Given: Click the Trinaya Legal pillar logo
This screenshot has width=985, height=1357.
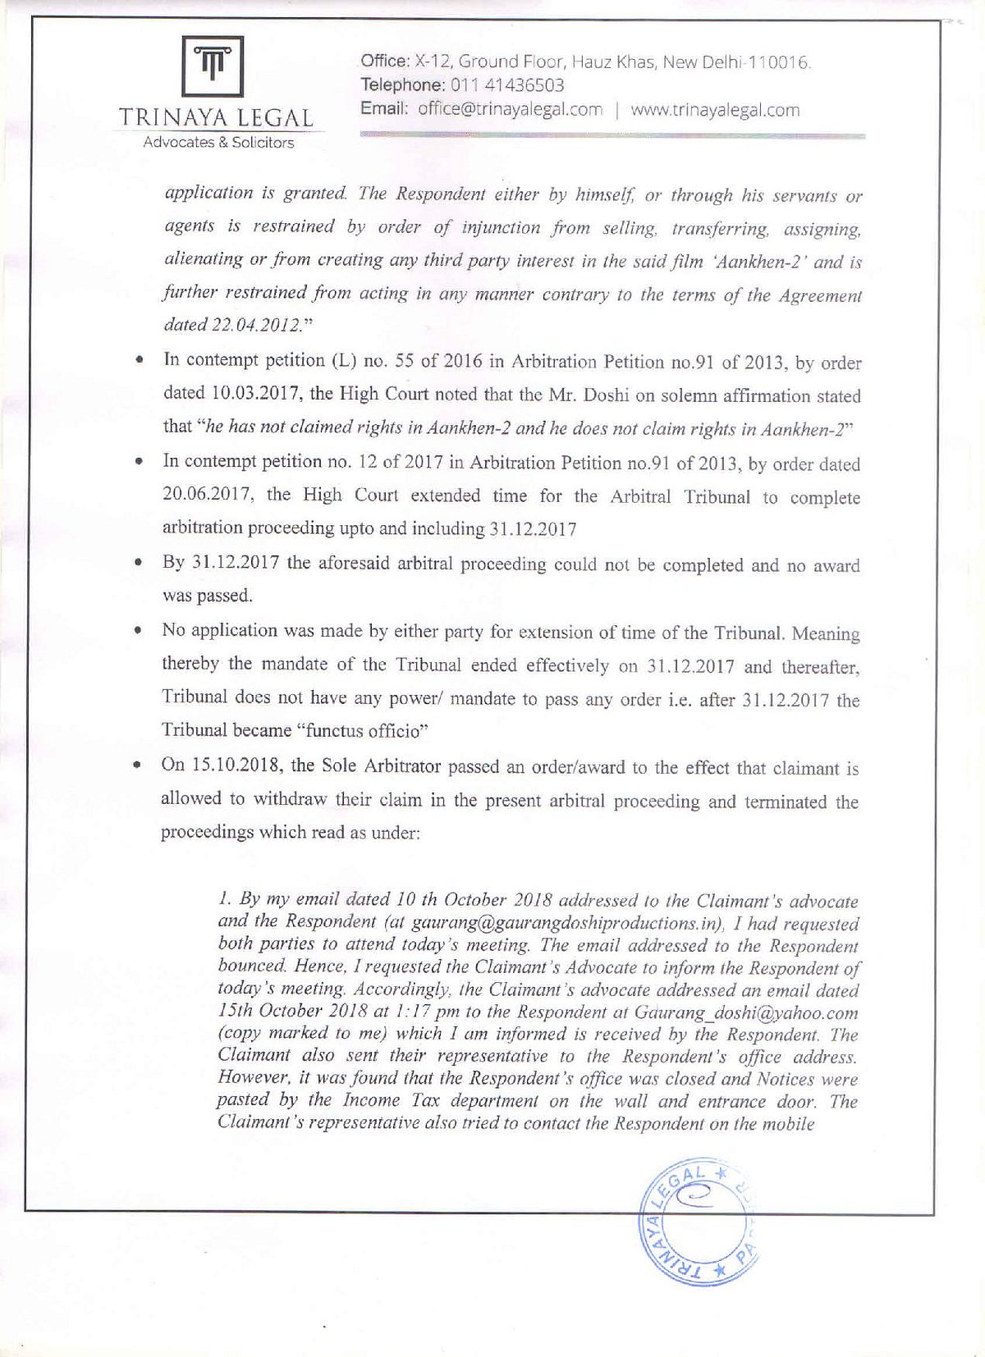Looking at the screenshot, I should (212, 67).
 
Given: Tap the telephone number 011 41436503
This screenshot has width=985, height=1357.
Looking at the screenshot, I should (505, 85).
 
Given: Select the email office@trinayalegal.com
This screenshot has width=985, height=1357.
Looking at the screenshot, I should (510, 110).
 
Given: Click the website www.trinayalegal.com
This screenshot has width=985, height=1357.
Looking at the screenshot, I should (715, 110).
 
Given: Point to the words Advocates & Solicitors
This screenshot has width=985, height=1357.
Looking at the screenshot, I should (218, 143).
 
